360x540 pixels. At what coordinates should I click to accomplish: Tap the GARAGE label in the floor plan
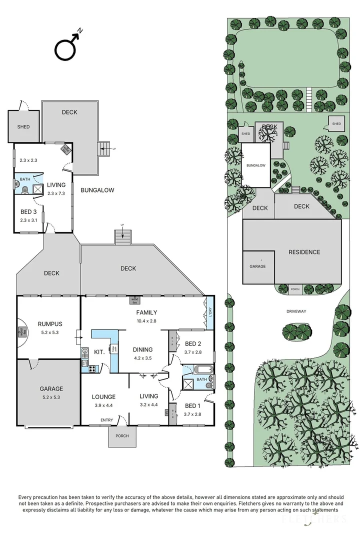pos(51,388)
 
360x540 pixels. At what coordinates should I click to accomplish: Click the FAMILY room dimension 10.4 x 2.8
pos(147,321)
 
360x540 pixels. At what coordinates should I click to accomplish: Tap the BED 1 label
pos(192,405)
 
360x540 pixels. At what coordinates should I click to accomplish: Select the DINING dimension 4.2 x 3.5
pos(142,358)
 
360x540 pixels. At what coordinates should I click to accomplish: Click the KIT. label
pos(98,352)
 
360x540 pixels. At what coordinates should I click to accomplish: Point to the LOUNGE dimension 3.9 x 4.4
pos(104,405)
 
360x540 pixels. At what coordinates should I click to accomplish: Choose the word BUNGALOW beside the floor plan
pos(97,190)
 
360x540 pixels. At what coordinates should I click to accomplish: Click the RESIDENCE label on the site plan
pos(304,252)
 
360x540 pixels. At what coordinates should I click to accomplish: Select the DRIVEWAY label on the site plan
pos(296,311)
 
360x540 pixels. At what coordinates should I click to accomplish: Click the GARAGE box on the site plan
pos(258,266)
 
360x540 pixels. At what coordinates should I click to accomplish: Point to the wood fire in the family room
pos(134,300)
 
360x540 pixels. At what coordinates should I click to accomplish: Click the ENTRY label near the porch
pos(106,419)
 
